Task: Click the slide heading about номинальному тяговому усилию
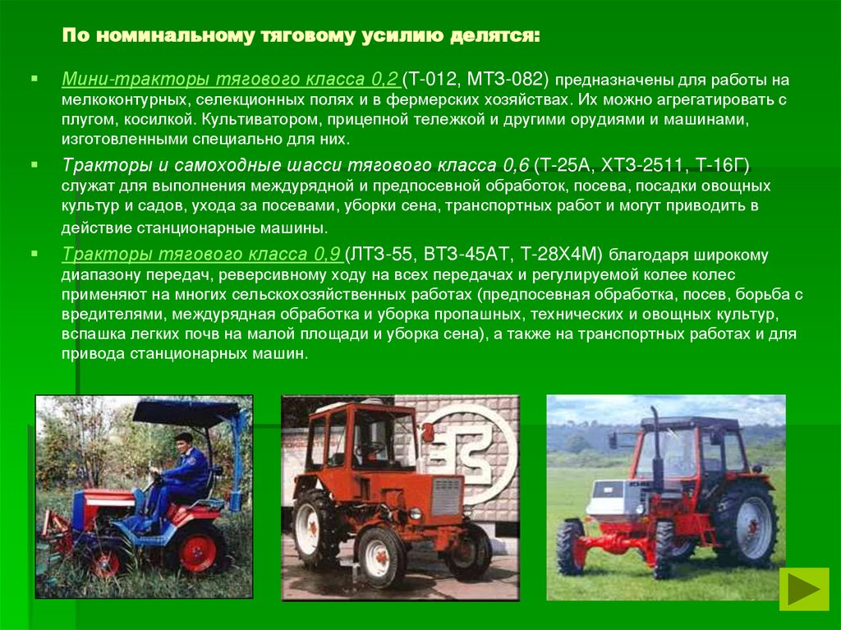[x=301, y=38]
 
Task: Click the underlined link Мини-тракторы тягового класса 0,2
[x=230, y=80]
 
